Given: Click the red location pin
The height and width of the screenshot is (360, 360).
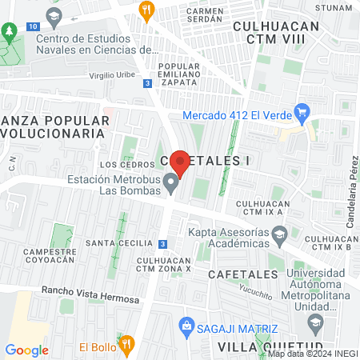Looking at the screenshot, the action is point(180,163).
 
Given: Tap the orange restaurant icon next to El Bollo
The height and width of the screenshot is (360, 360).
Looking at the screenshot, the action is point(126,344).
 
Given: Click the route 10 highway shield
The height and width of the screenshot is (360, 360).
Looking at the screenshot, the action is point(31,26).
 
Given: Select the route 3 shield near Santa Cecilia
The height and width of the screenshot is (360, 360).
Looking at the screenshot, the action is point(163,243).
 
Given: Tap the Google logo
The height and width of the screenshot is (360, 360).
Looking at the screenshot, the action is point(26,350).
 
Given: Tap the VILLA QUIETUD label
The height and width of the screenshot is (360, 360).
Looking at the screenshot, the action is point(259,346).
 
